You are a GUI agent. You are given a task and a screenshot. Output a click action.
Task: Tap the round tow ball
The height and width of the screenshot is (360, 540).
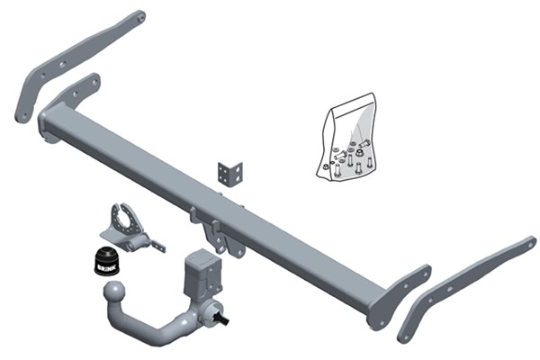[x=115, y=292]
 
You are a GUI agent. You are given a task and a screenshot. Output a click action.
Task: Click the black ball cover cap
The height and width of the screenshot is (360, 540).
[x=106, y=261]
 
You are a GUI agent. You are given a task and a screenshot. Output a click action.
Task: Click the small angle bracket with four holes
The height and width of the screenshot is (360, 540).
[x=230, y=175]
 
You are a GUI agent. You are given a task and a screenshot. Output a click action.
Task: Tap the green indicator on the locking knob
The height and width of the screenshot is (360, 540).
[x=200, y=316]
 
